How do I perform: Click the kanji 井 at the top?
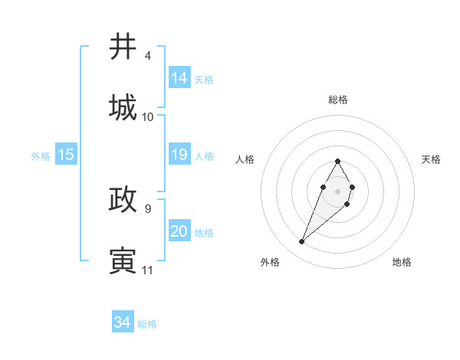coord(123,47)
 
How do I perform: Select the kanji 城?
coord(123,108)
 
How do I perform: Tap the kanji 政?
coord(123,200)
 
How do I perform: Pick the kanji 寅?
coord(123,261)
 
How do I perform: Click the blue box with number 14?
coord(179,78)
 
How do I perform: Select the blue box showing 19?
coord(179,155)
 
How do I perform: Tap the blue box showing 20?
coord(179,231)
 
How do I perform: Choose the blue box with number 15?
coord(66,155)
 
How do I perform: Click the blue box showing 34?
coord(123,322)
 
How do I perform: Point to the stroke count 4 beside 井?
coord(147,56)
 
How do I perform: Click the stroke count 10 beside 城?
coord(148,117)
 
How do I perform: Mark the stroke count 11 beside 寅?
coord(147,270)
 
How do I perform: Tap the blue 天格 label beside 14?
coord(204,80)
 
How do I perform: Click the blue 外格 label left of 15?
coord(41,156)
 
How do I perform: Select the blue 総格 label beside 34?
coord(147,324)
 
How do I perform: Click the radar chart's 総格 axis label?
coord(337,100)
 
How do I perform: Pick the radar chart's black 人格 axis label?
coord(245,159)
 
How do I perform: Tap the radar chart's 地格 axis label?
coord(402,262)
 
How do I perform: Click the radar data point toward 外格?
coord(302,242)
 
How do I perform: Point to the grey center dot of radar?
coord(337,190)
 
